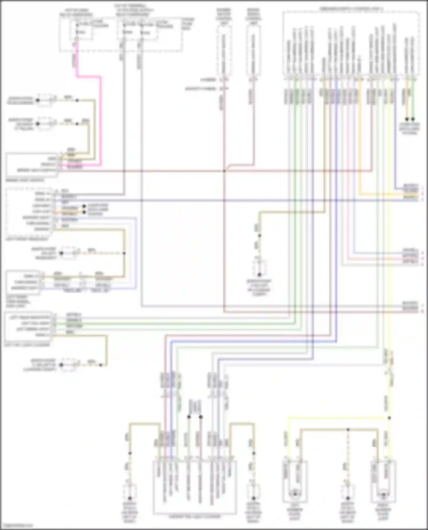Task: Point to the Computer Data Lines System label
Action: click(x=409, y=129)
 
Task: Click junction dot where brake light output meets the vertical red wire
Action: click(x=224, y=171)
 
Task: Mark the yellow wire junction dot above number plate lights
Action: click(x=389, y=418)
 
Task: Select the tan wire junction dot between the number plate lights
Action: click(x=348, y=429)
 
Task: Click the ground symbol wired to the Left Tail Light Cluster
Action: click(x=62, y=365)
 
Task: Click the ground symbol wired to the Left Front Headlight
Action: click(x=62, y=253)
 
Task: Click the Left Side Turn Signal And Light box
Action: click(x=23, y=282)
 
